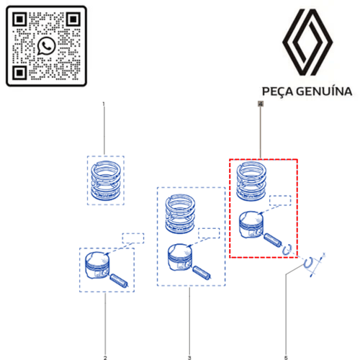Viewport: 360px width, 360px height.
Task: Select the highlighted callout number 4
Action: (x=261, y=104)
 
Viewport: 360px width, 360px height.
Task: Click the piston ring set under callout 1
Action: (x=106, y=180)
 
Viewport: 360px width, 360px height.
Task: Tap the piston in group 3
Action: (x=179, y=256)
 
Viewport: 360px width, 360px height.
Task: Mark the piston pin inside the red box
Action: (x=275, y=240)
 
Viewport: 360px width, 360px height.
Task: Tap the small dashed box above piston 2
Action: (x=132, y=238)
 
